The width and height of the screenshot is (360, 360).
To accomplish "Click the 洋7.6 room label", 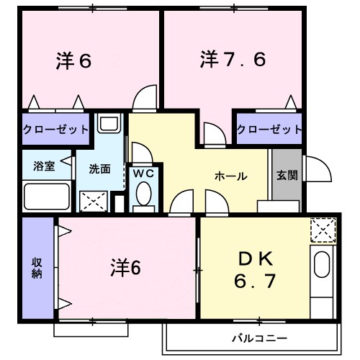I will pyautogui.click(x=233, y=60).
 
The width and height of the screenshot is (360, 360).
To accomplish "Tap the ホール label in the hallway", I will pyautogui.click(x=230, y=176).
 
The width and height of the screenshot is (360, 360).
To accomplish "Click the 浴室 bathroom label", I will pyautogui.click(x=44, y=166).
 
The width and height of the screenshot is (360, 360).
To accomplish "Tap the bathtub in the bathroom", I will pyautogui.click(x=47, y=195).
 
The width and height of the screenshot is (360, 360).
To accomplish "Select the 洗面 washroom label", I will pyautogui.click(x=99, y=170).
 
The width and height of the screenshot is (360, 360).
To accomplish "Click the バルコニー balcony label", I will pyautogui.click(x=259, y=337).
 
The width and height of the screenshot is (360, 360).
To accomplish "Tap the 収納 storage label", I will pyautogui.click(x=36, y=267).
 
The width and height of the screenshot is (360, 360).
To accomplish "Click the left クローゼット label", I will pyautogui.click(x=56, y=129).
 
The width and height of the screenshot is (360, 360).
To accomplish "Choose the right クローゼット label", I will pyautogui.click(x=269, y=129).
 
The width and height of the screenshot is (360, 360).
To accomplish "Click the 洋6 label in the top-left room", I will pyautogui.click(x=73, y=62).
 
